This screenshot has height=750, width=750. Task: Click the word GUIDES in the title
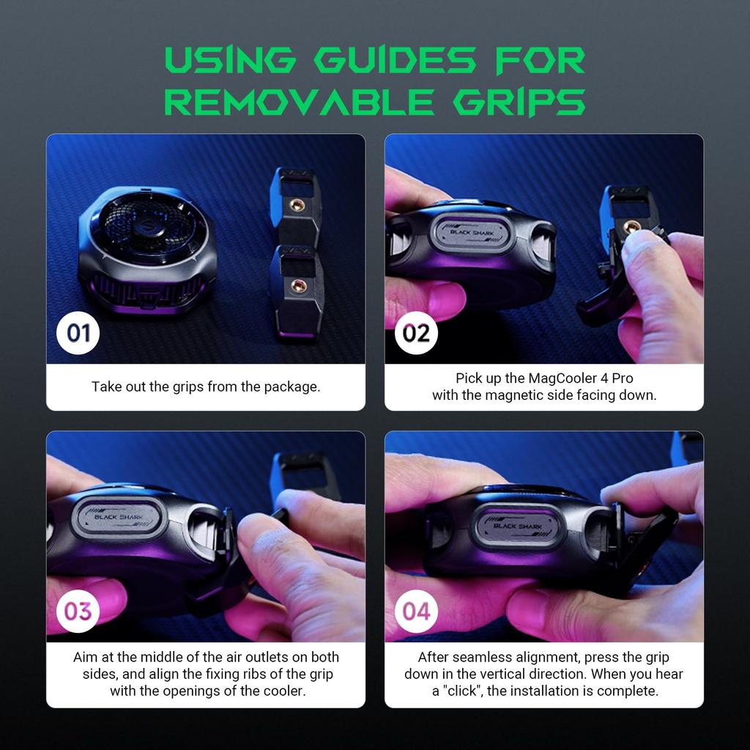point(395,60)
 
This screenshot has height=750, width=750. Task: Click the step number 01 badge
point(78,333)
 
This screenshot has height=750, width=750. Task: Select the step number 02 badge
point(416,333)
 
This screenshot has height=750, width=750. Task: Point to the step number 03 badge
point(78,612)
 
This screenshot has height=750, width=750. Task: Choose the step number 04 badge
point(416,612)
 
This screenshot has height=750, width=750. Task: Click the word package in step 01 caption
point(292,387)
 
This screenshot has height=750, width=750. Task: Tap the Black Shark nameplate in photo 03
point(120,517)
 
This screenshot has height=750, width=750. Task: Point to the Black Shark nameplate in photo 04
point(518,526)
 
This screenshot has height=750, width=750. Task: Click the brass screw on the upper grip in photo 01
point(297,206)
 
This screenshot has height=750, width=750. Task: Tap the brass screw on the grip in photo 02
point(631,227)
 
